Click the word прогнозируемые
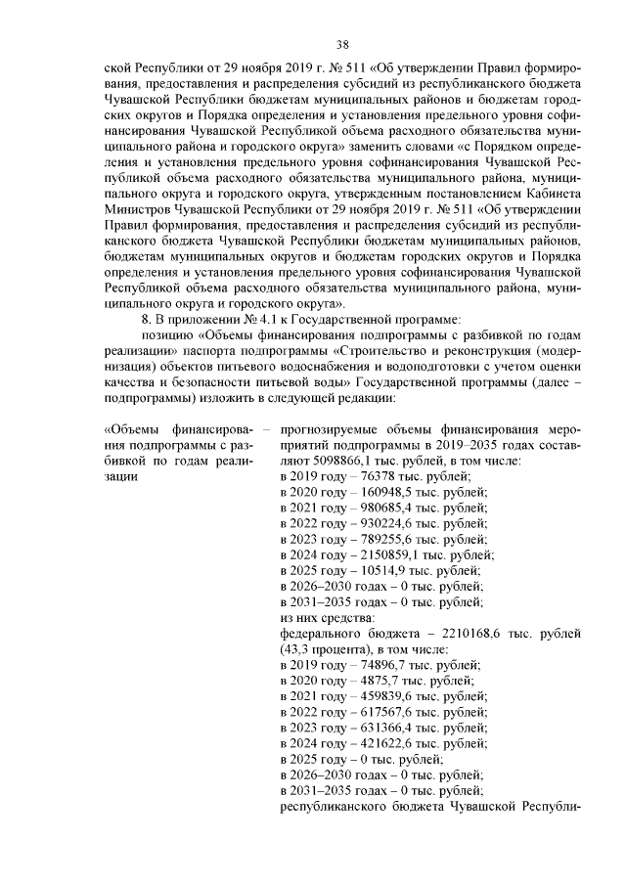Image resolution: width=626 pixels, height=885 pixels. tap(329, 429)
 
